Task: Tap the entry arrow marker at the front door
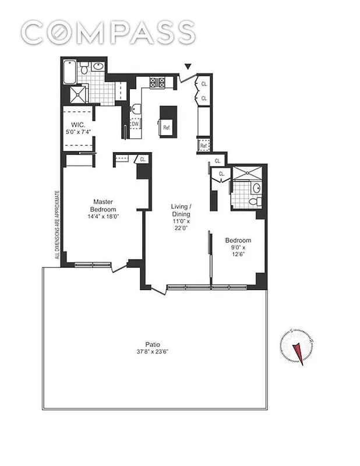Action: [186, 68]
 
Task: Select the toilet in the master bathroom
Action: [84, 69]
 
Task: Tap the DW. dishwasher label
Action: [135, 124]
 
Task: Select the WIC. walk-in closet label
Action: [79, 125]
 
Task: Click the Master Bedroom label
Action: [104, 205]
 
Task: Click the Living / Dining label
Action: [181, 210]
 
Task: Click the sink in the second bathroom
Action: [256, 189]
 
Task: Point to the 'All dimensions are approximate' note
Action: [57, 224]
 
